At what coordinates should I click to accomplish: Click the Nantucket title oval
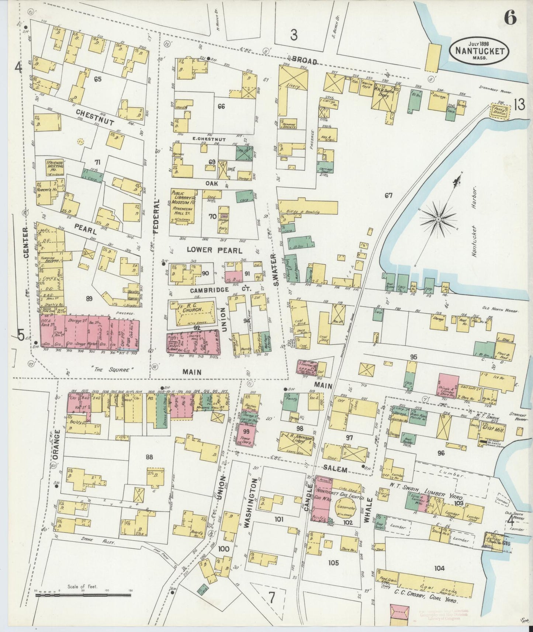479,51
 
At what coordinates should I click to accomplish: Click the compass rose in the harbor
439,219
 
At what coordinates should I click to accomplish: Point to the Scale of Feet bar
83,594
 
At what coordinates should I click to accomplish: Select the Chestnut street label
95,117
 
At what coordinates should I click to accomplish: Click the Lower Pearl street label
214,250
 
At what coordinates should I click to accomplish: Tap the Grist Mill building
493,430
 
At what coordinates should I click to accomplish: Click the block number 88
149,457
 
